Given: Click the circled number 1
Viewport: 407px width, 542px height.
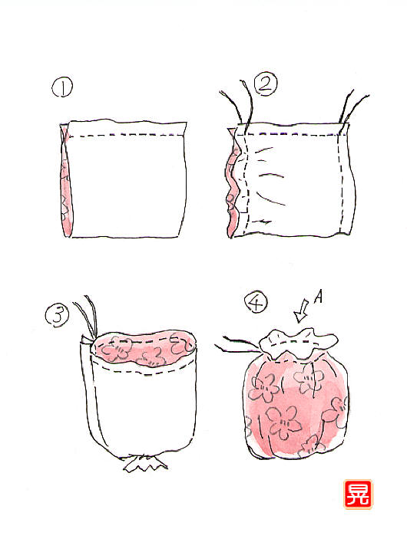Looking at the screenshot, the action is click(62, 87).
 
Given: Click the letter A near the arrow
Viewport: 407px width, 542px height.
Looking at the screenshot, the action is click(319, 297).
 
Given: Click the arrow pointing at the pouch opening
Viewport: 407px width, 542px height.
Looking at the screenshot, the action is click(301, 311).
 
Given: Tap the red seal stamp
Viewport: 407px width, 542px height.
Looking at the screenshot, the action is click(358, 494).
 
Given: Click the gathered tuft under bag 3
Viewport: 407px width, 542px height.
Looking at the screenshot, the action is click(145, 464).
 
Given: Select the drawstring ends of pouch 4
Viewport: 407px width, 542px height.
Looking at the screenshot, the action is click(237, 345).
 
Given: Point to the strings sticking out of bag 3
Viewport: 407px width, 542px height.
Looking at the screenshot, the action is click(87, 317).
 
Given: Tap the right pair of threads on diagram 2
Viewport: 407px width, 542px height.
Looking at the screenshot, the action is click(352, 107).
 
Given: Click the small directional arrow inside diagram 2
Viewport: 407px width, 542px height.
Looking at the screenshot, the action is click(264, 222).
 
